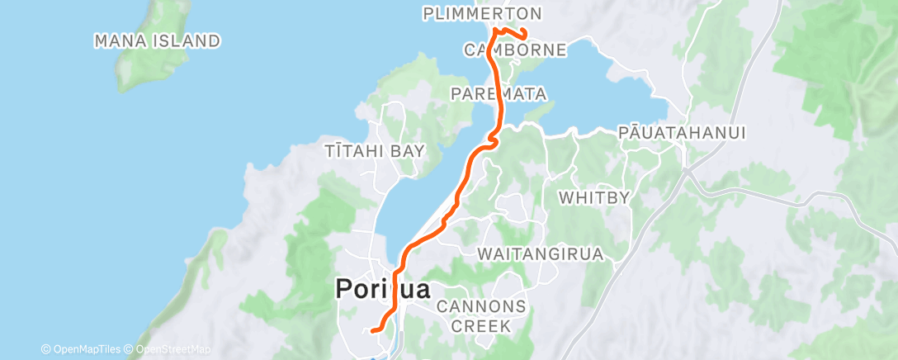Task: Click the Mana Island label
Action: point(157,40)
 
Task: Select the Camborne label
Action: point(515,50)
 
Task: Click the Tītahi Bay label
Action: point(375,150)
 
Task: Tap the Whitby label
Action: point(594,198)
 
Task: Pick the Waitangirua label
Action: point(541,253)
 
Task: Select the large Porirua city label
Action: point(382,290)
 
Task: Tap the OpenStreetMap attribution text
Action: point(170,349)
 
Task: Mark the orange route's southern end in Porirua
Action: point(373,330)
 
